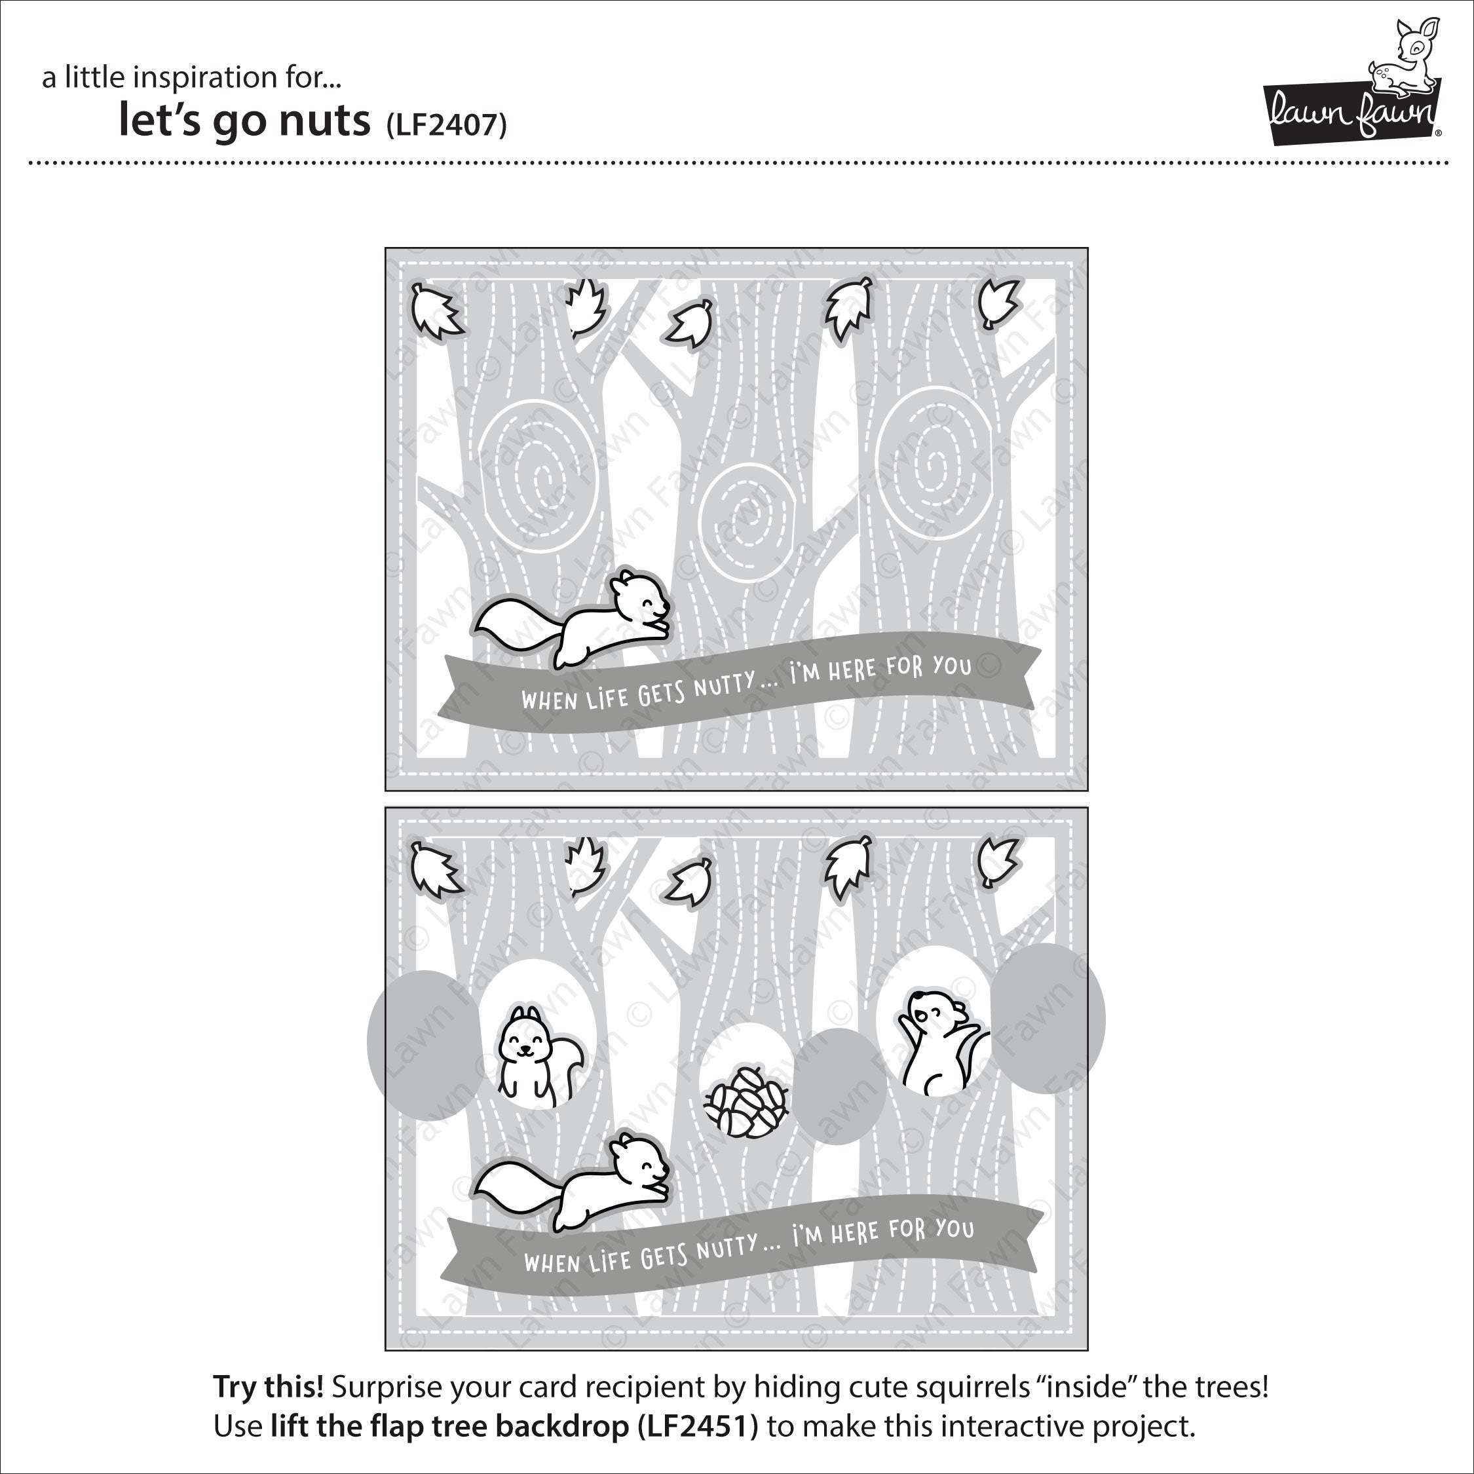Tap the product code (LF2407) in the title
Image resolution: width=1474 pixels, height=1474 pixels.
[x=446, y=124]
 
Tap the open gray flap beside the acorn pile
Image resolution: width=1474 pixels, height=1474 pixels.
[x=839, y=1086]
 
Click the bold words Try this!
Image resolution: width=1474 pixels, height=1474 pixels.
[x=268, y=1386]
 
